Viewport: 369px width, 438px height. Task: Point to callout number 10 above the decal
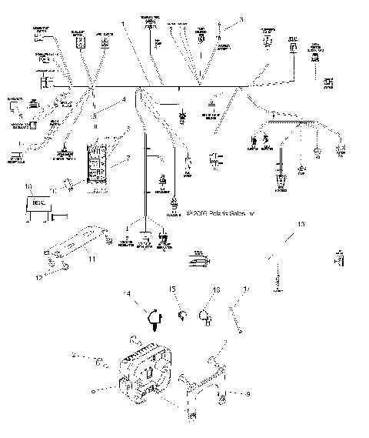point(28,186)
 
